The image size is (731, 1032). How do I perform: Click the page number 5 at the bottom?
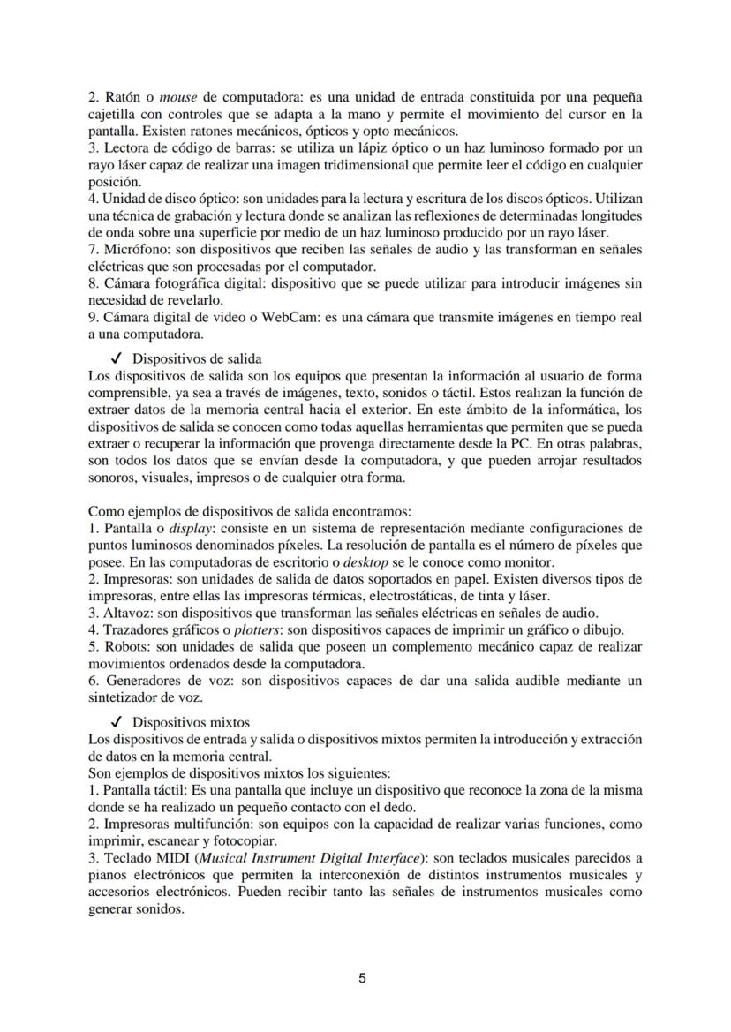(x=363, y=978)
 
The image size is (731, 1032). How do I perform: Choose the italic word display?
(x=192, y=529)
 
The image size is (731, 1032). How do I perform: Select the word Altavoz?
(x=128, y=613)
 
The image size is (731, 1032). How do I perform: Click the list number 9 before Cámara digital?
(x=93, y=316)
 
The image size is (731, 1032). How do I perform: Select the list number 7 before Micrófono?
(x=93, y=250)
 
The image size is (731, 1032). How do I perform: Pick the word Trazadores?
(x=138, y=629)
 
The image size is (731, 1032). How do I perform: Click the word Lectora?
(x=128, y=148)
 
